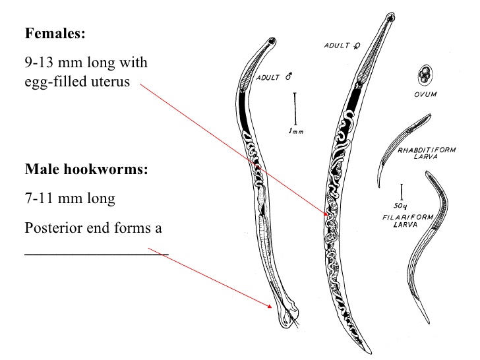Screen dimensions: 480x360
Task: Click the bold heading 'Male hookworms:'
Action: pyautogui.click(x=86, y=169)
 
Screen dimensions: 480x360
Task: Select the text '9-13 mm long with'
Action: pyautogui.click(x=86, y=63)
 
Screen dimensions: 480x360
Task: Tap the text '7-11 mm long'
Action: pyautogui.click(x=65, y=198)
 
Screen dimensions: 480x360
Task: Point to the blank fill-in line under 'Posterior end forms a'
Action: pyautogui.click(x=96, y=253)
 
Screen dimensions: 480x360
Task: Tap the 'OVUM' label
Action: pyautogui.click(x=426, y=94)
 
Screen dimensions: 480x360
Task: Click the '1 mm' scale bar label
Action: pyautogui.click(x=296, y=131)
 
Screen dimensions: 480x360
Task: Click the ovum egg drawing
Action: pyautogui.click(x=424, y=75)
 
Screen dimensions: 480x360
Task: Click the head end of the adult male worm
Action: pyautogui.click(x=272, y=44)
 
